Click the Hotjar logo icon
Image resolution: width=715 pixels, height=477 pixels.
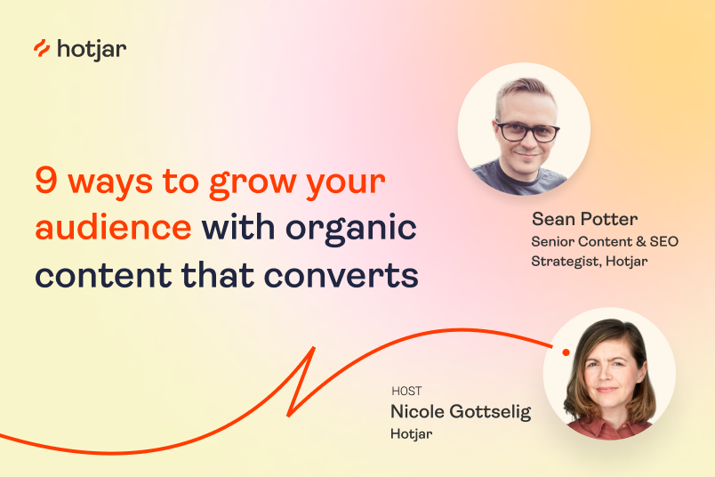click(x=42, y=49)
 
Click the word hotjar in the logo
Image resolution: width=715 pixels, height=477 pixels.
click(x=91, y=49)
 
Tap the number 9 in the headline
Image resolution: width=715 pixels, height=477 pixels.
click(x=46, y=182)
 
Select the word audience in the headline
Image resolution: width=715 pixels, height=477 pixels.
click(x=113, y=228)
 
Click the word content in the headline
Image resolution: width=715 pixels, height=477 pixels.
click(x=92, y=275)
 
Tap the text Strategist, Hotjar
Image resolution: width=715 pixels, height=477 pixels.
click(x=590, y=261)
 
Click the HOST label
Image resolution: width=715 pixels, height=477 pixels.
click(x=406, y=391)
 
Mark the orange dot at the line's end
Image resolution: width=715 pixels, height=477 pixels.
click(x=566, y=352)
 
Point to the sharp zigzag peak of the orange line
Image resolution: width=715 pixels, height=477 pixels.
click(x=313, y=348)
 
